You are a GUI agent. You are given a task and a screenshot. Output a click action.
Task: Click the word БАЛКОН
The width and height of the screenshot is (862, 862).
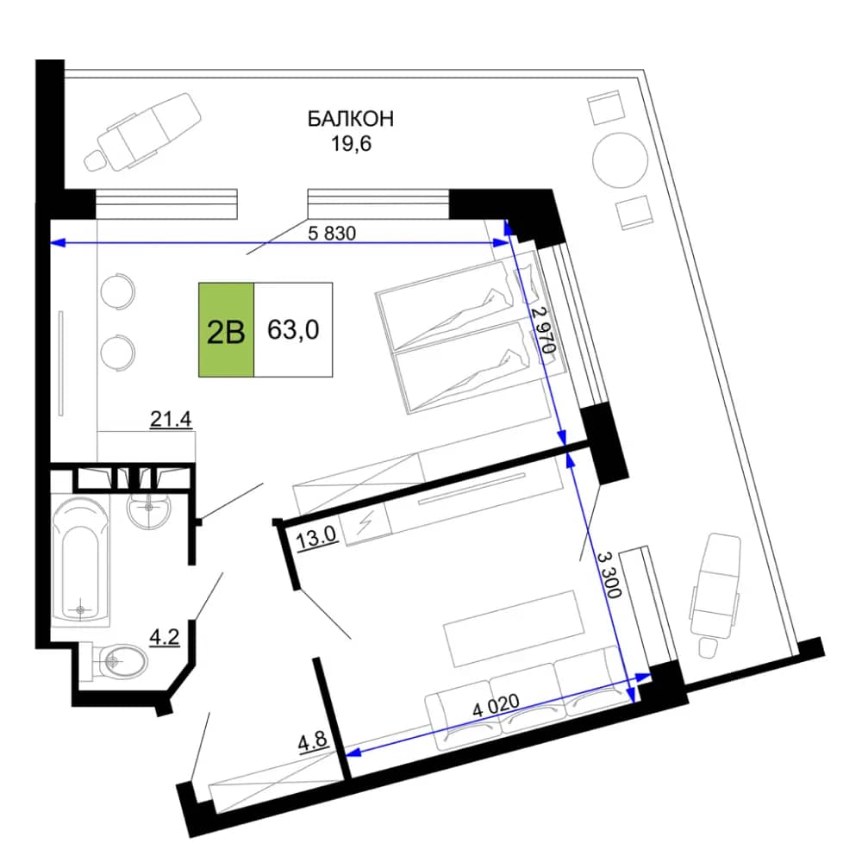[350, 119]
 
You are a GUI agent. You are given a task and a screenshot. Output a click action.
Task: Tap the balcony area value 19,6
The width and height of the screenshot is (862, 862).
[351, 143]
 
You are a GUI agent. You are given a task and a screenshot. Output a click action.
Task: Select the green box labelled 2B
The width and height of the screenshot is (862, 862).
[226, 330]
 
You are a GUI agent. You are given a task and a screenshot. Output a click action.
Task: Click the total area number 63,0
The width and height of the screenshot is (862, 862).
[293, 330]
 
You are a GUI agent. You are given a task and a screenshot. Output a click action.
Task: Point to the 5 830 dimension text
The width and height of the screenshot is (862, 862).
[332, 233]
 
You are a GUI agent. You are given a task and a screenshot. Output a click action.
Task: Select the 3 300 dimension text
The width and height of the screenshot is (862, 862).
[609, 574]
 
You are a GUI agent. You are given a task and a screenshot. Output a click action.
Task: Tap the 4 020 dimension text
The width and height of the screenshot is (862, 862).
[496, 705]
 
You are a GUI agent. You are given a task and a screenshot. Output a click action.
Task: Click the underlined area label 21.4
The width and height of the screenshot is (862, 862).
[171, 420]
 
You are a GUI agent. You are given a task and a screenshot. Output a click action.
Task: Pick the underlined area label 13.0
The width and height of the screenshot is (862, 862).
[316, 537]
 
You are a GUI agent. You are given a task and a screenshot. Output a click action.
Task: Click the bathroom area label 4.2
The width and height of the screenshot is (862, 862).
[165, 638]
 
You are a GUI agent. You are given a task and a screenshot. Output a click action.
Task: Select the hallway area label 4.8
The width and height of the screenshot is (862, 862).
[313, 742]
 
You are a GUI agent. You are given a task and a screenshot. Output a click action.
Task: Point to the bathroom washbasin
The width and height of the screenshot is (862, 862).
[149, 509]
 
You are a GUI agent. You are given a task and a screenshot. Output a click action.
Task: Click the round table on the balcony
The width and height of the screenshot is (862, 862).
[620, 160]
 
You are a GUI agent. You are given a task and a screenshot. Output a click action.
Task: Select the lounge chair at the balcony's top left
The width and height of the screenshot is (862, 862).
[142, 131]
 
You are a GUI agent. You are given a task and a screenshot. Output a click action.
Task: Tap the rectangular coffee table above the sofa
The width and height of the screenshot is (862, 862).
[513, 629]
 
